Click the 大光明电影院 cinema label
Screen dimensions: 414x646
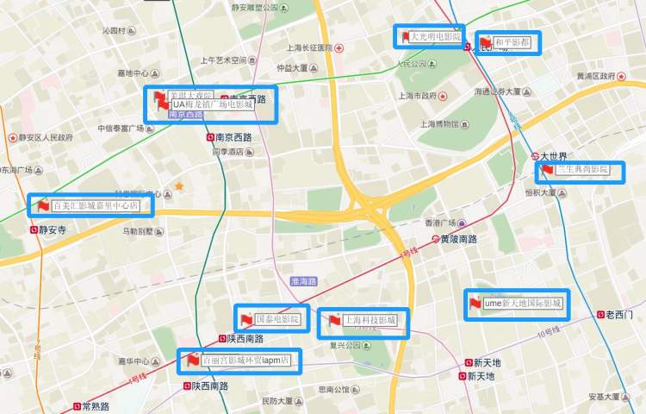click(436, 37)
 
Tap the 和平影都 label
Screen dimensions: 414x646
click(512, 42)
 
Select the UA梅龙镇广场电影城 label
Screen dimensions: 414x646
click(213, 104)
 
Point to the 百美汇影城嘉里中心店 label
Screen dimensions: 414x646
click(96, 206)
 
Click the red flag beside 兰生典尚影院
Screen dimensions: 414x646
click(546, 171)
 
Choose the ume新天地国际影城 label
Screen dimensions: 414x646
click(523, 304)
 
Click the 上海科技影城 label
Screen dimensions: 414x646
click(370, 320)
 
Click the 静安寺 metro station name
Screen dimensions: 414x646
click(53, 230)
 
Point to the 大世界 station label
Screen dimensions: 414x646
click(553, 156)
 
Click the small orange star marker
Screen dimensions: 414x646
click(179, 185)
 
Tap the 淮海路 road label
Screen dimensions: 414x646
click(304, 281)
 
